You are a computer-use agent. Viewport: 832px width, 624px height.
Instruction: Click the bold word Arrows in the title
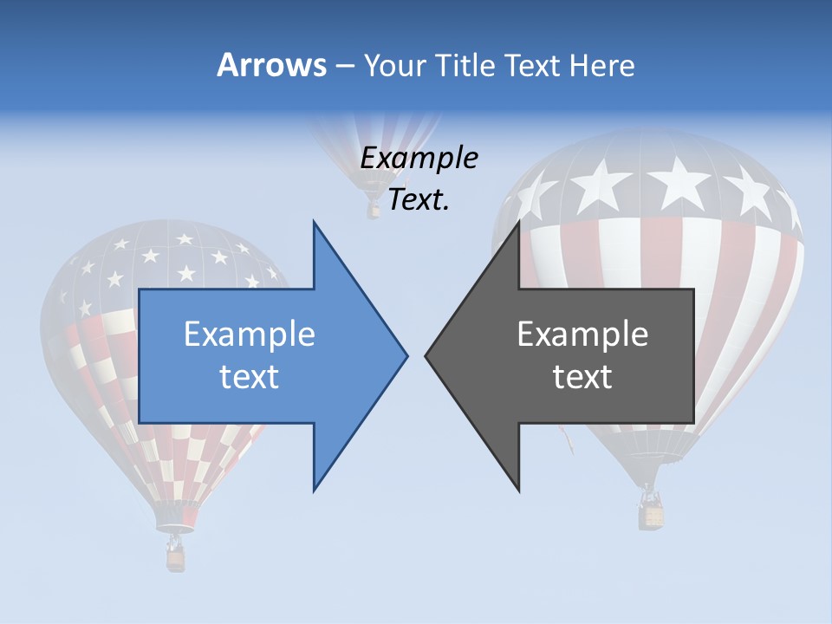click(271, 65)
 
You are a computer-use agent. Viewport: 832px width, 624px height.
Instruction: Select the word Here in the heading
click(601, 65)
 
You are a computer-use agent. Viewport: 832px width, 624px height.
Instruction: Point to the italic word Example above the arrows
click(419, 158)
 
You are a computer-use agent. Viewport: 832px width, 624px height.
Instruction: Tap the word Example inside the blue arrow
click(250, 334)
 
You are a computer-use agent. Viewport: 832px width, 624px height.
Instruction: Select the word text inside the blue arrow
click(250, 376)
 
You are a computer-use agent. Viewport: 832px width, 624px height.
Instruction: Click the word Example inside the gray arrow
click(582, 334)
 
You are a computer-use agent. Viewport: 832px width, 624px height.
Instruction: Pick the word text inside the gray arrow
click(582, 376)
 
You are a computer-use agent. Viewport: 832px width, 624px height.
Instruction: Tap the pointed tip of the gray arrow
click(426, 355)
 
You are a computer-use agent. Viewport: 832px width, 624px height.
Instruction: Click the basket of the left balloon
click(176, 559)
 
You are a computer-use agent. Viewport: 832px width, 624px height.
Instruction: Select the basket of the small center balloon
click(374, 210)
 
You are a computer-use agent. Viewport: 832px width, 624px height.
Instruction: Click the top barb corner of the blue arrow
click(314, 222)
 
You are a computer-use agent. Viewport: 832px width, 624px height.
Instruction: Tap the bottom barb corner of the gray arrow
click(519, 491)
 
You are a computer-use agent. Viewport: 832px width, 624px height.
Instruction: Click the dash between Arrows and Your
click(344, 66)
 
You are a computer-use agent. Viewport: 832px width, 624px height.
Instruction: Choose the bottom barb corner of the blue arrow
click(314, 491)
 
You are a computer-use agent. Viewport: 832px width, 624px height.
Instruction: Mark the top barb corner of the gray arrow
click(519, 222)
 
